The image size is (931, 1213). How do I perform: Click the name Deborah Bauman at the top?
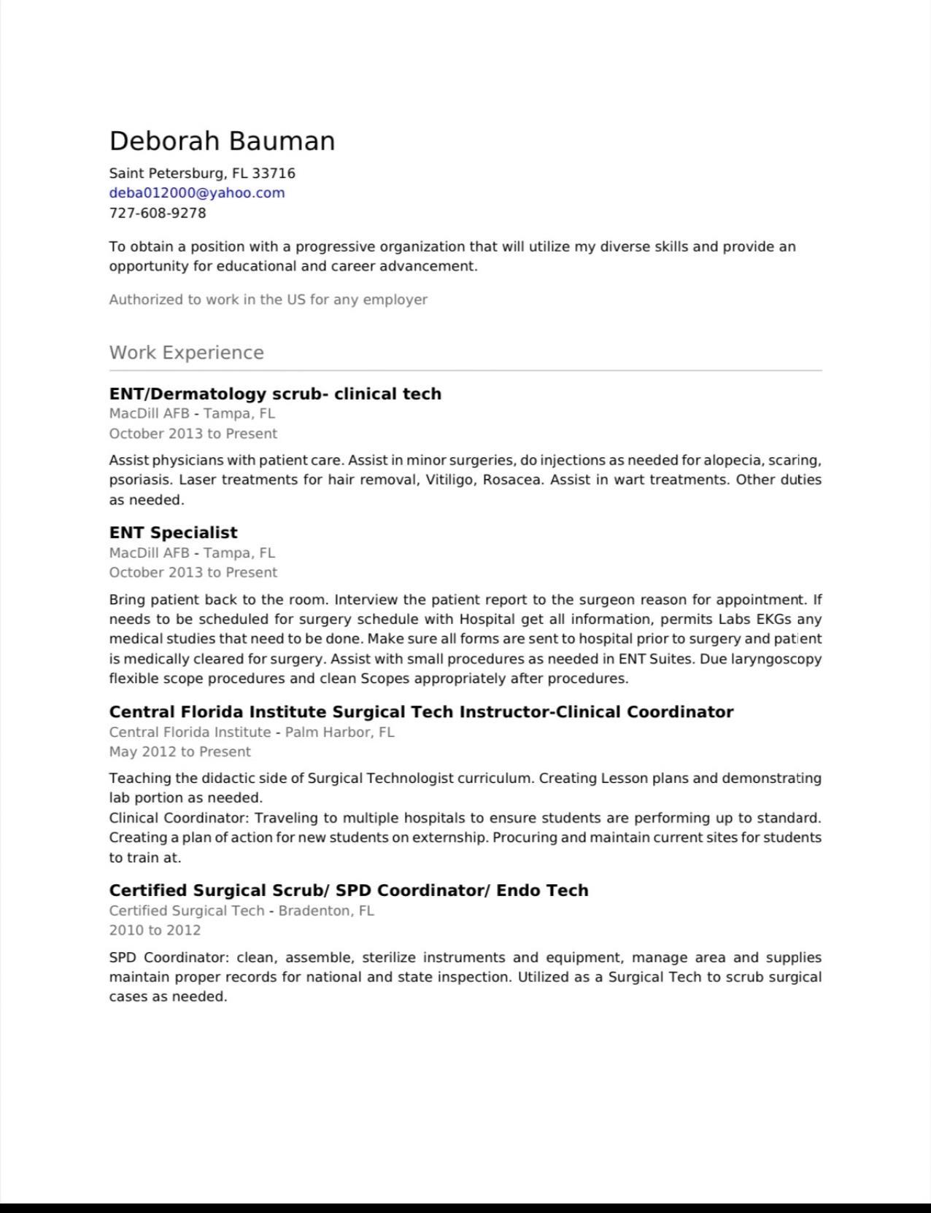pos(222,141)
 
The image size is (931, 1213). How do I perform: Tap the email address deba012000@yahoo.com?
pos(197,193)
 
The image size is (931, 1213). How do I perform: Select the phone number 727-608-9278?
pos(158,213)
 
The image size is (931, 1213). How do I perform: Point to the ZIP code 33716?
pos(274,173)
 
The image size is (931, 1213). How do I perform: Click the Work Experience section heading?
pos(186,353)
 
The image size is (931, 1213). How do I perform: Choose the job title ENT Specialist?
pos(173,533)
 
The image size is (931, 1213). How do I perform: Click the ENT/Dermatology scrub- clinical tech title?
pos(275,394)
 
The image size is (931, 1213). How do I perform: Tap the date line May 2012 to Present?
pos(179,752)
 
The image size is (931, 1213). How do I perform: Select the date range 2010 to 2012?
pos(155,930)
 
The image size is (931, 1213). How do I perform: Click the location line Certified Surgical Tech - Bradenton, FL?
pos(241,910)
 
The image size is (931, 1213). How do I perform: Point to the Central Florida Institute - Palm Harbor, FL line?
pos(251,732)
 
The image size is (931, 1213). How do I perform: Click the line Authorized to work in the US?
pos(268,300)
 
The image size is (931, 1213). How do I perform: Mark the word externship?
pos(448,838)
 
